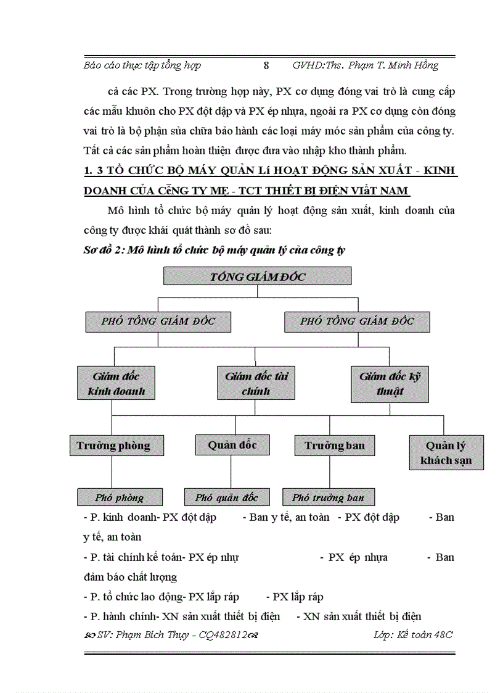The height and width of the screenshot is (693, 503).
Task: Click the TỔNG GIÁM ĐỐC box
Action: point(257,276)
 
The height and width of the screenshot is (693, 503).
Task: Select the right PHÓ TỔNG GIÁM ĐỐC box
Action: point(357,322)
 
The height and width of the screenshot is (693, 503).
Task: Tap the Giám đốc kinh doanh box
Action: point(116,383)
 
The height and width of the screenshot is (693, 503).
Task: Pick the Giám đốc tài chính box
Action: point(256,383)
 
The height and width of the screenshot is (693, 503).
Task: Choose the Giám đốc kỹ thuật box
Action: point(390,383)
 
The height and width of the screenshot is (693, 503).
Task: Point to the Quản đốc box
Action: point(232,444)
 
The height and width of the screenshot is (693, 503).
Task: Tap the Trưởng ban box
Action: point(334,446)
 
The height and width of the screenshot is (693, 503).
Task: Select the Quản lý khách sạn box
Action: point(446,453)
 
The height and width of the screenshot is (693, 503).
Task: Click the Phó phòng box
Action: point(120,497)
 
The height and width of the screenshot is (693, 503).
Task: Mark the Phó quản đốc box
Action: point(226,497)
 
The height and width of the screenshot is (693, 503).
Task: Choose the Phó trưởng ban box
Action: point(329,497)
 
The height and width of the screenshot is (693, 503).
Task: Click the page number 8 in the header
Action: point(266,65)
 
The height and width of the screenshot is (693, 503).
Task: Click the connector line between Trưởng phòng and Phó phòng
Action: point(112,472)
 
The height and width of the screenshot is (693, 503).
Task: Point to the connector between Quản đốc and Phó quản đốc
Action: point(231,471)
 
